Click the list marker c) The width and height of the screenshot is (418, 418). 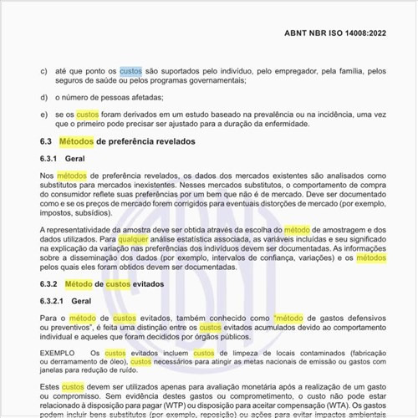[43, 71]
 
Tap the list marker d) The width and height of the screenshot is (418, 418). [43, 97]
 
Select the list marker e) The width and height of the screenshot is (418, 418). [43, 114]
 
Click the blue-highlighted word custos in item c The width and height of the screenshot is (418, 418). [131, 71]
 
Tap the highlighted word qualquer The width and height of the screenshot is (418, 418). [139, 238]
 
